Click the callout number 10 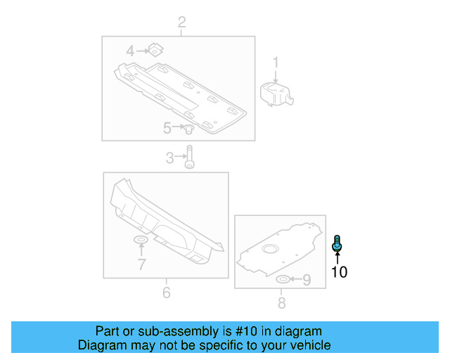click(339, 272)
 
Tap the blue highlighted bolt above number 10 click(337, 244)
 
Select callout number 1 click(276, 63)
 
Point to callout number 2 click(181, 23)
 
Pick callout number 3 click(169, 159)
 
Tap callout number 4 click(130, 51)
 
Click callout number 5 click(167, 128)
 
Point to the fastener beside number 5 click(188, 129)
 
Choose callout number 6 click(166, 292)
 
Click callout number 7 click(141, 264)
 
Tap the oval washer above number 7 click(141, 242)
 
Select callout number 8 click(281, 303)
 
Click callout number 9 click(306, 281)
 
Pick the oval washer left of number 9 click(282, 281)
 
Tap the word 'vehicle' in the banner click(308, 345)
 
